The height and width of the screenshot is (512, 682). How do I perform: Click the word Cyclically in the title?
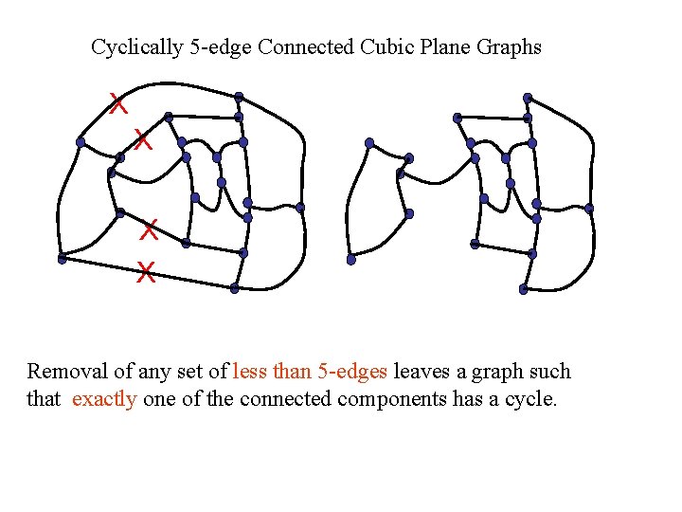(137, 46)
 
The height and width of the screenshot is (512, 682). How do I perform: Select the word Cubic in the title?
(386, 46)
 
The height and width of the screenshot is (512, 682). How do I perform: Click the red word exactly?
(104, 398)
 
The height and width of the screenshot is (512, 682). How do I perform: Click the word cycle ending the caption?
(531, 399)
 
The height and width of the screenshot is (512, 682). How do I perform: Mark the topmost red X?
(117, 103)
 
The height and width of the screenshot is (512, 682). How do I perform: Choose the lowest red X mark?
(145, 275)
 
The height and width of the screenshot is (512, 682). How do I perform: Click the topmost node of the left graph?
(239, 96)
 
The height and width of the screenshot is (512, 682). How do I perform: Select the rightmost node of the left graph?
(300, 207)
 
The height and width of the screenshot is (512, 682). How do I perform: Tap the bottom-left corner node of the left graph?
(62, 258)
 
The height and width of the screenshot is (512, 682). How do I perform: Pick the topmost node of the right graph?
(528, 97)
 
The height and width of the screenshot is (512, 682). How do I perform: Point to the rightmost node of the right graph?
(589, 208)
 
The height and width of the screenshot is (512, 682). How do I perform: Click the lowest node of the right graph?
(523, 289)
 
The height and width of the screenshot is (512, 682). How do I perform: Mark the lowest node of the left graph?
(234, 288)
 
